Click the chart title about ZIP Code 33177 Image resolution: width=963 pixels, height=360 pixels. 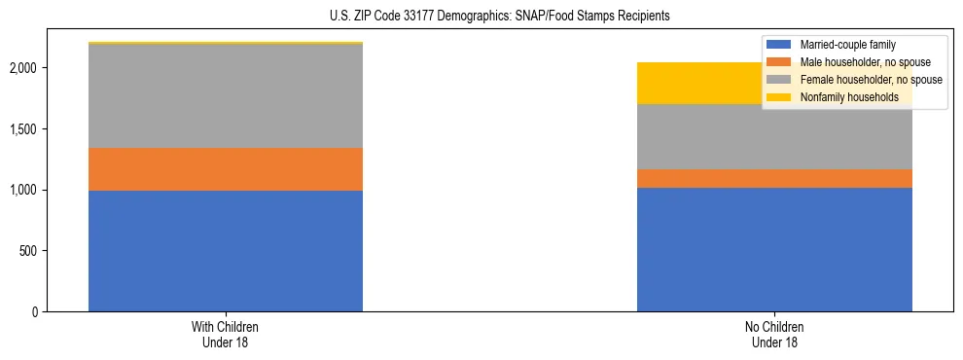[x=481, y=17]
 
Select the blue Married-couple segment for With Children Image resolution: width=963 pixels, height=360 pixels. [x=226, y=251]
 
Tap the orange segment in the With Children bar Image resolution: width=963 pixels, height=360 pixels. [x=226, y=169]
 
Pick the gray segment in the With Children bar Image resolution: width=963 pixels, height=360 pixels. [x=226, y=96]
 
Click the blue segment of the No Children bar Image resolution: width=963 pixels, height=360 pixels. [x=774, y=249]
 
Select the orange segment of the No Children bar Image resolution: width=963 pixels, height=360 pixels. [x=774, y=178]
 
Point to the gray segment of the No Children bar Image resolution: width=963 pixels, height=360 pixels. [x=774, y=137]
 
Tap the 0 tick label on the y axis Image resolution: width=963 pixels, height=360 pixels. [x=34, y=312]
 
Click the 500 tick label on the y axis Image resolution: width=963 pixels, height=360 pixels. [x=28, y=251]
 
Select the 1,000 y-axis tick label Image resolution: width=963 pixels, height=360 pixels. [x=24, y=190]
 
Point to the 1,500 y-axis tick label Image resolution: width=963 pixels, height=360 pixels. [x=24, y=129]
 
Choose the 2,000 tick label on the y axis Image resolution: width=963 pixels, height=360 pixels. [x=24, y=68]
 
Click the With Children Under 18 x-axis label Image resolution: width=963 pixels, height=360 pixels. [x=226, y=335]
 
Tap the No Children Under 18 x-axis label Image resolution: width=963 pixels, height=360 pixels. [x=774, y=335]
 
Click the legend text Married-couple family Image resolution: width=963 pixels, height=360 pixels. [x=848, y=45]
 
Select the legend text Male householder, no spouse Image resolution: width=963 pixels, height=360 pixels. [x=864, y=62]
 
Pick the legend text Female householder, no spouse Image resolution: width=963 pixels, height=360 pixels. [x=870, y=80]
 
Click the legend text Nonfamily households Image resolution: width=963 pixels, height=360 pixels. [x=849, y=97]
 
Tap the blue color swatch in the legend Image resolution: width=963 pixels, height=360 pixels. [x=779, y=45]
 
